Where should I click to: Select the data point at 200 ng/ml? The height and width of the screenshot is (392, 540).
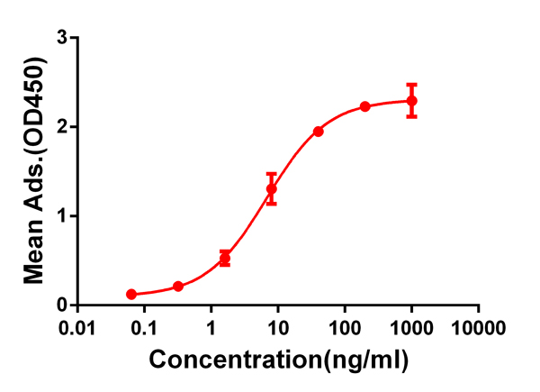pyautogui.click(x=365, y=106)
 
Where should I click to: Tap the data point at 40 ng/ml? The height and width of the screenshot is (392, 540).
pyautogui.click(x=319, y=132)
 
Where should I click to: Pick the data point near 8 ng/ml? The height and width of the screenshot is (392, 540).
pyautogui.click(x=271, y=189)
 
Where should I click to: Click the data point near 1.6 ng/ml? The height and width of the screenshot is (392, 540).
pyautogui.click(x=225, y=259)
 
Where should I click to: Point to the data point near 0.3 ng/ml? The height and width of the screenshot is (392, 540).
pyautogui.click(x=178, y=287)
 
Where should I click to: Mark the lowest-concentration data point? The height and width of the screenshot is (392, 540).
pyautogui.click(x=131, y=295)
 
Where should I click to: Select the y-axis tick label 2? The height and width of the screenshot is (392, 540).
pyautogui.click(x=62, y=127)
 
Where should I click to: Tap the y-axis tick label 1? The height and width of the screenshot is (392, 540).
pyautogui.click(x=62, y=216)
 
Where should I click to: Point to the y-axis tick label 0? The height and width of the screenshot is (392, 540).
pyautogui.click(x=62, y=305)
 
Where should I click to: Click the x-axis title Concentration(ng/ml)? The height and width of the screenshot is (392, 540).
pyautogui.click(x=279, y=360)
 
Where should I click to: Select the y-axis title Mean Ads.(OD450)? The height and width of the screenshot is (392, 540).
pyautogui.click(x=34, y=171)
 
